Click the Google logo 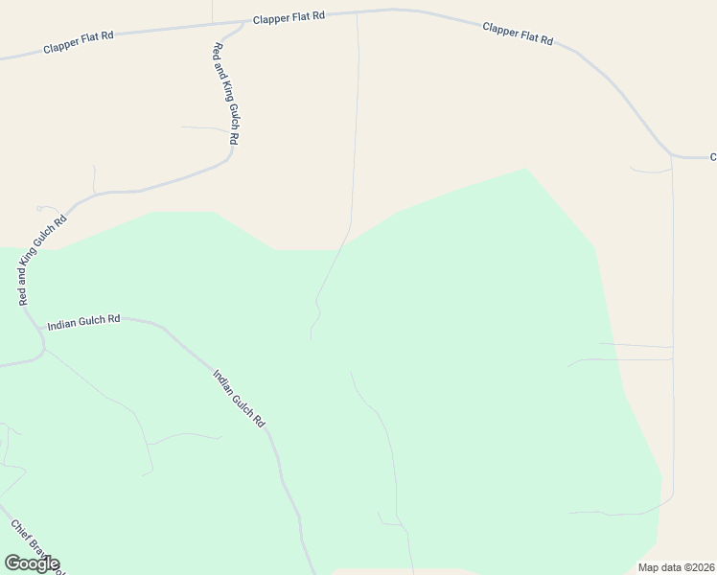(x=32, y=563)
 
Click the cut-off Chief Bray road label (x=36, y=546)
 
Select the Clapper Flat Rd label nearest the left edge (x=79, y=41)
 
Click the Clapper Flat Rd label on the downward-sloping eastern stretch (x=518, y=34)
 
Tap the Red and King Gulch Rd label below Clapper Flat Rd (x=225, y=94)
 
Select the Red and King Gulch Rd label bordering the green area (x=43, y=261)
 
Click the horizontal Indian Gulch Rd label (x=83, y=320)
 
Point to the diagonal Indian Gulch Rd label (x=238, y=398)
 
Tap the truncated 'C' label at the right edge (x=712, y=156)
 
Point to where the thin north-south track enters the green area (x=343, y=242)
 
